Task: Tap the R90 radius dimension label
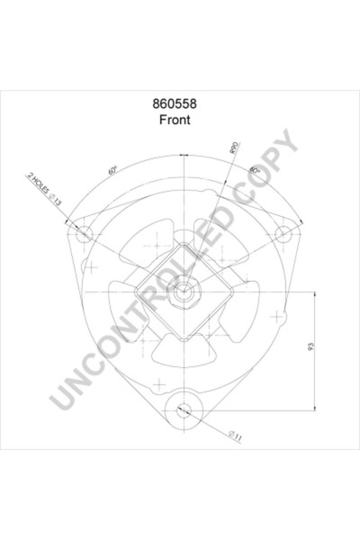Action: tap(234, 147)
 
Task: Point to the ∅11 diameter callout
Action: tap(233, 436)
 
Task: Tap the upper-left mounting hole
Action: tap(83, 236)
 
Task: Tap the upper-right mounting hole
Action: tap(284, 236)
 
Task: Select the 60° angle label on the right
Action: tap(256, 170)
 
